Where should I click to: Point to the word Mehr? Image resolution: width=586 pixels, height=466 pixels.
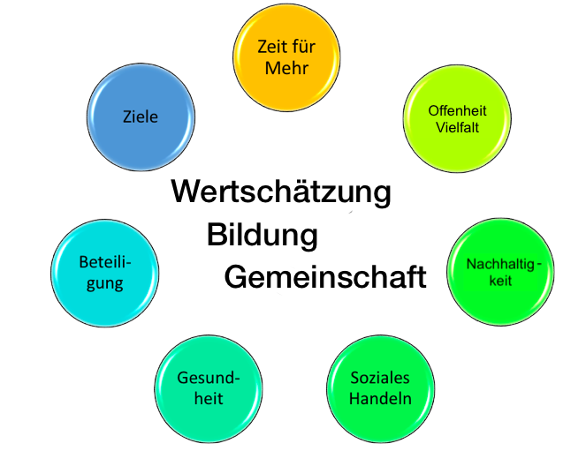(286, 67)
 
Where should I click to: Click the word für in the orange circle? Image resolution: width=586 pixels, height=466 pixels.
(304, 47)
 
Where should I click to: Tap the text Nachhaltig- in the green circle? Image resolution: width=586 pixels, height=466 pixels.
(501, 266)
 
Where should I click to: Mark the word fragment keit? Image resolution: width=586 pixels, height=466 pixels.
(500, 282)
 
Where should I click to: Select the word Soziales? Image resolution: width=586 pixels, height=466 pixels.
(381, 379)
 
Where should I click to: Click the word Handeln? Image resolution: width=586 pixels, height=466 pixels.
(381, 398)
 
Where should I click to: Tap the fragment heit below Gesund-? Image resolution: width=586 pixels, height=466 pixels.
(209, 398)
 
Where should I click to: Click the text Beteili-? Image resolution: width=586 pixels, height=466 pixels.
(104, 263)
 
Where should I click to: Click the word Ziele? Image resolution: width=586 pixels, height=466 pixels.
(141, 116)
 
